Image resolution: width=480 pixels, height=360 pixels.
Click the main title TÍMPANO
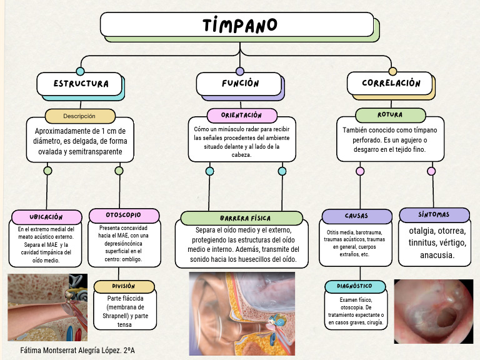point(239,25)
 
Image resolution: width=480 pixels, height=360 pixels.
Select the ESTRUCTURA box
point(81,84)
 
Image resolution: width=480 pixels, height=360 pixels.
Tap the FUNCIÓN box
point(240,84)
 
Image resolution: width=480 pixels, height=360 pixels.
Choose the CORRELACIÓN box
point(391,83)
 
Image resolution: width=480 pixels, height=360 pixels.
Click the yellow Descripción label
point(79,116)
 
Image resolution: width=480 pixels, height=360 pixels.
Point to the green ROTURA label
point(390,115)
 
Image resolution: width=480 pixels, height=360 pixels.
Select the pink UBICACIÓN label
point(46,217)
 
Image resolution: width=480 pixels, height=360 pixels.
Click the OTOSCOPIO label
point(124,215)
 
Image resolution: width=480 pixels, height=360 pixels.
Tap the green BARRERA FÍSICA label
point(244,218)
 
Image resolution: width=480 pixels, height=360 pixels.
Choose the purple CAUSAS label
point(356,216)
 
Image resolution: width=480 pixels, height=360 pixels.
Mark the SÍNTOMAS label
point(434,215)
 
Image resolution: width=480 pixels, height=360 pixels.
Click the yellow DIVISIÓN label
point(124,286)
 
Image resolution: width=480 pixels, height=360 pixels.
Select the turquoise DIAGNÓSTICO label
point(357,286)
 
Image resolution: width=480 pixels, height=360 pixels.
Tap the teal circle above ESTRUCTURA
point(80,71)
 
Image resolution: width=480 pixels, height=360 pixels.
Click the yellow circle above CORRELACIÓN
point(392,71)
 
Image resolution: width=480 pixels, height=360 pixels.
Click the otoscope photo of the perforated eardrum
point(433,311)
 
